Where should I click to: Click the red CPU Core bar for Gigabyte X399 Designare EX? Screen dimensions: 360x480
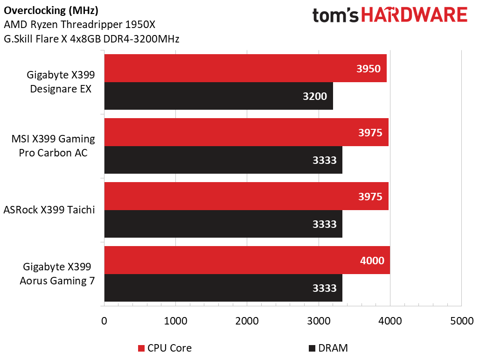pos(245,68)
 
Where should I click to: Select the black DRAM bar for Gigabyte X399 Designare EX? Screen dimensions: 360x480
pos(218,96)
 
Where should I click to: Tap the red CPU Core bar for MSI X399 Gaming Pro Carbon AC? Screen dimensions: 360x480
pos(246,132)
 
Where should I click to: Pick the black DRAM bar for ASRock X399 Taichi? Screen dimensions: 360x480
pos(223,224)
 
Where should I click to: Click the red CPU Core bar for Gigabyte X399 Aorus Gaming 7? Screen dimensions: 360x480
pos(247,260)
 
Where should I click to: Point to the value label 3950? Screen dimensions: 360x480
pos(369,69)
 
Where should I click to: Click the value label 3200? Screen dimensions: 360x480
pos(315,97)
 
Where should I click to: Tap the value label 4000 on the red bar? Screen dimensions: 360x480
pos(372,261)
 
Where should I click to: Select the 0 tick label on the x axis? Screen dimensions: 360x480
pos(104,321)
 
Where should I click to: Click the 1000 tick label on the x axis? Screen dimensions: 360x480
pos(175,321)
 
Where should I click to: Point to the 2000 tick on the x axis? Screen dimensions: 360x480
pos(247,321)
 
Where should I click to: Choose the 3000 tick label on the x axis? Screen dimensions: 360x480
pos(319,321)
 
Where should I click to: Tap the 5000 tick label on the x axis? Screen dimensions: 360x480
pos(461,321)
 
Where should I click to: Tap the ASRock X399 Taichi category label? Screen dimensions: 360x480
pos(49,210)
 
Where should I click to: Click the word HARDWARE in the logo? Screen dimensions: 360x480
pos(414,16)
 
